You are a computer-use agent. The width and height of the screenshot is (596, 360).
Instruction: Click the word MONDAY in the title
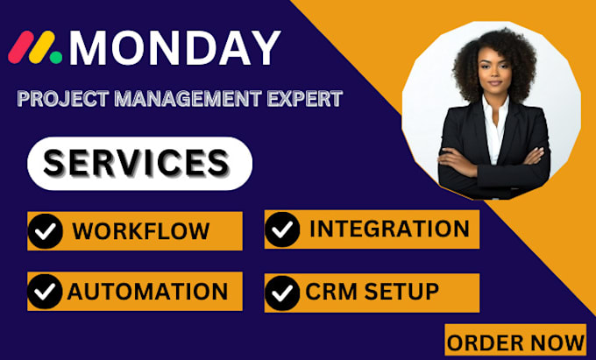[175, 48]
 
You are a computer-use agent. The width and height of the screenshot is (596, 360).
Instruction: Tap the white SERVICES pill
[139, 163]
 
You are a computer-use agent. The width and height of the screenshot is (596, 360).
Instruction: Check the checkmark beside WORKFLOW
[45, 231]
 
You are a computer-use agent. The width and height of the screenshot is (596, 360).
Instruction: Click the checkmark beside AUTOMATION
[45, 291]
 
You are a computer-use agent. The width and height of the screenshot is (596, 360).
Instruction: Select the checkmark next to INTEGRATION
[282, 229]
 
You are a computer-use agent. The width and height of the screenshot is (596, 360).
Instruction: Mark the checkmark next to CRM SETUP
[282, 292]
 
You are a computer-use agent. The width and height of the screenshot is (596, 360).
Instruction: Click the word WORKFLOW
[141, 231]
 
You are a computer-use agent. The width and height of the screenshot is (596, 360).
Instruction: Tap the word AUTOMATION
[148, 291]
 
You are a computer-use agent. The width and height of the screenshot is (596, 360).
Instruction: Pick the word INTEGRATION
[389, 229]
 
